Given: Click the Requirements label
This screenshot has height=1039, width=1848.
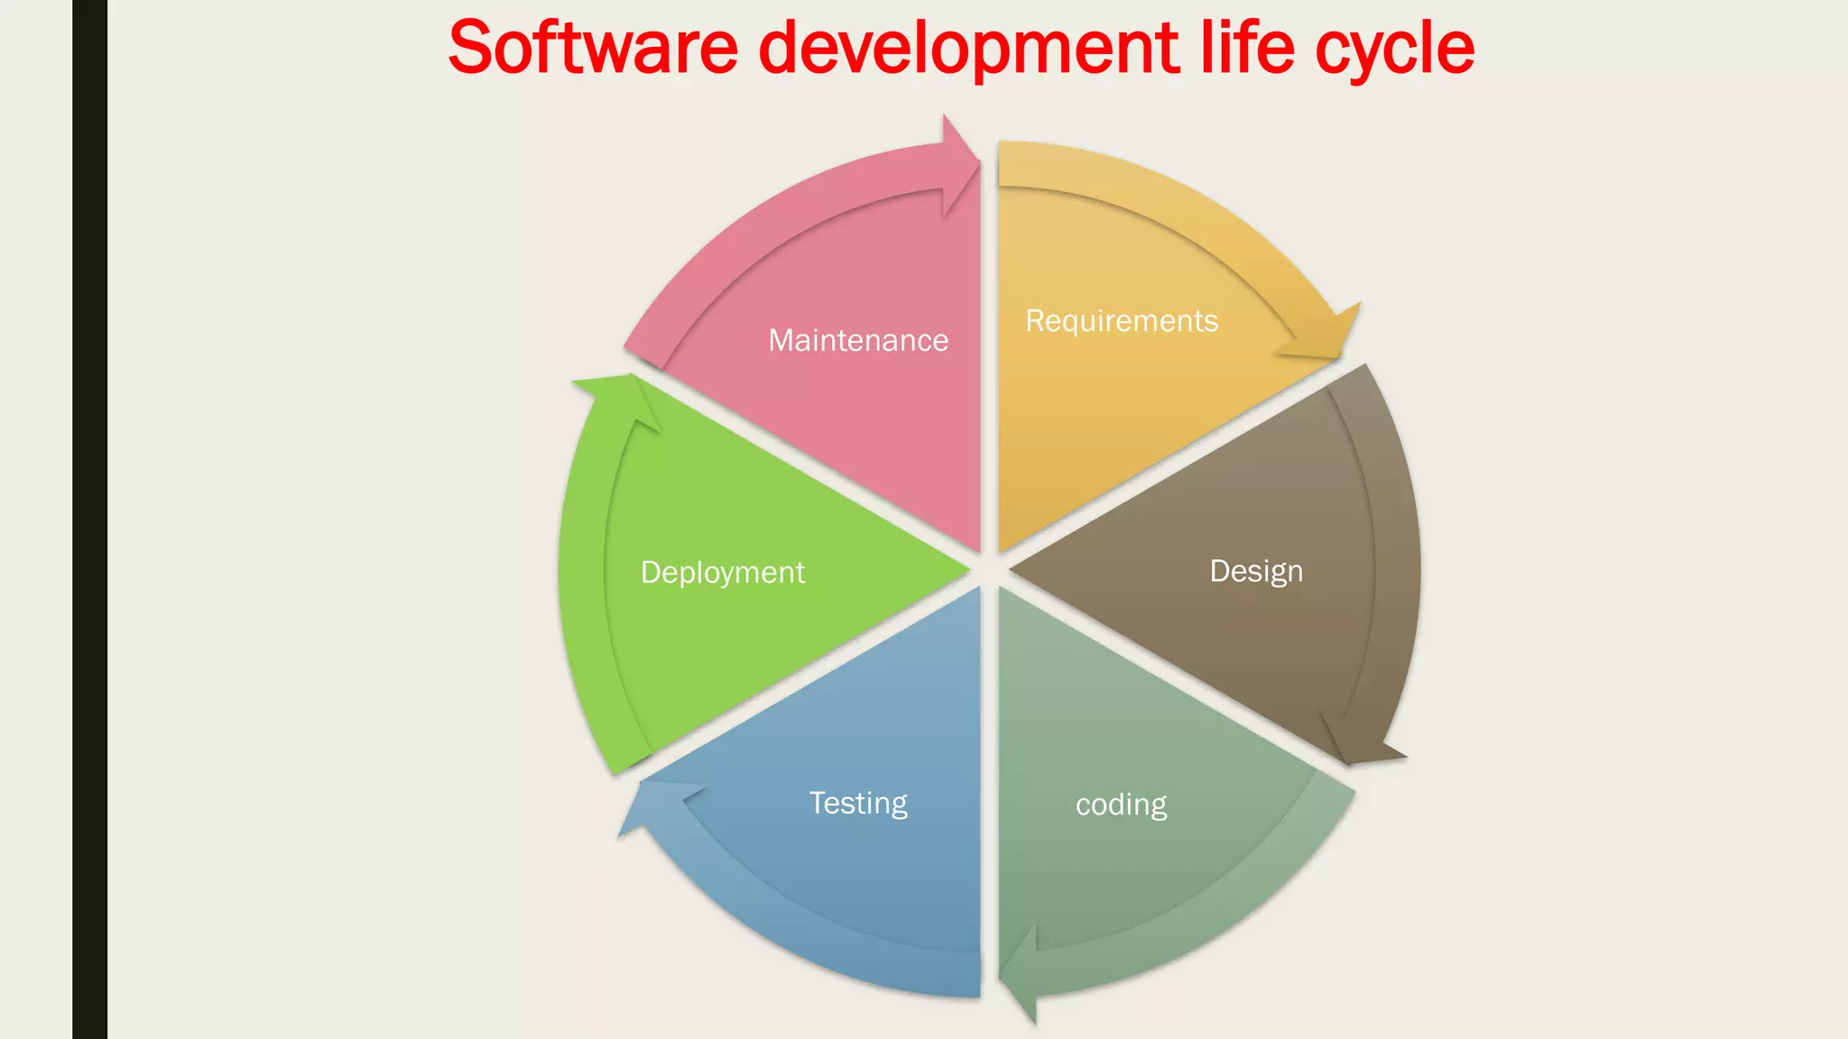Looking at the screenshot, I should pos(1122,321).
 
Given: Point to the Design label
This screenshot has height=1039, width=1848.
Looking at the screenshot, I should pos(1256,571).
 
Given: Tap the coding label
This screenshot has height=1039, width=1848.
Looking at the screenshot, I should pos(1121,805).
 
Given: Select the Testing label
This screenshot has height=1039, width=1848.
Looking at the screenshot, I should pos(858,803).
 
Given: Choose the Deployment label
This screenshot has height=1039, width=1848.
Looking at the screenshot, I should pos(722,572).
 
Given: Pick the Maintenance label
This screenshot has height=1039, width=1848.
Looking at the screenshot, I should pos(858,340).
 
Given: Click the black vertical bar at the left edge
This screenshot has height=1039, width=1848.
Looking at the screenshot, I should pos(89,519).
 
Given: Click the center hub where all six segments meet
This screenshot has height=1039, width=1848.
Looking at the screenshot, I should pos(990,570).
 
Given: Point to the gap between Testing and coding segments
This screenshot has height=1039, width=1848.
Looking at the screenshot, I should pos(990,794).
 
